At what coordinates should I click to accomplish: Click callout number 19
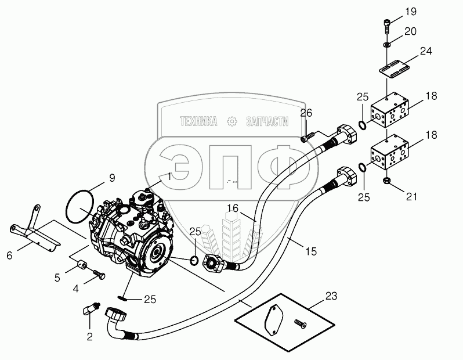[411, 11]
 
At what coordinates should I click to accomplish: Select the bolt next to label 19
[388, 25]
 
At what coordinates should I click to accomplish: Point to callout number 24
[426, 51]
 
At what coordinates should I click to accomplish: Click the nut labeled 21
[388, 184]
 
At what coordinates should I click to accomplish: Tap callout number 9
[112, 177]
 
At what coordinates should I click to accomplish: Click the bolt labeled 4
[99, 277]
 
